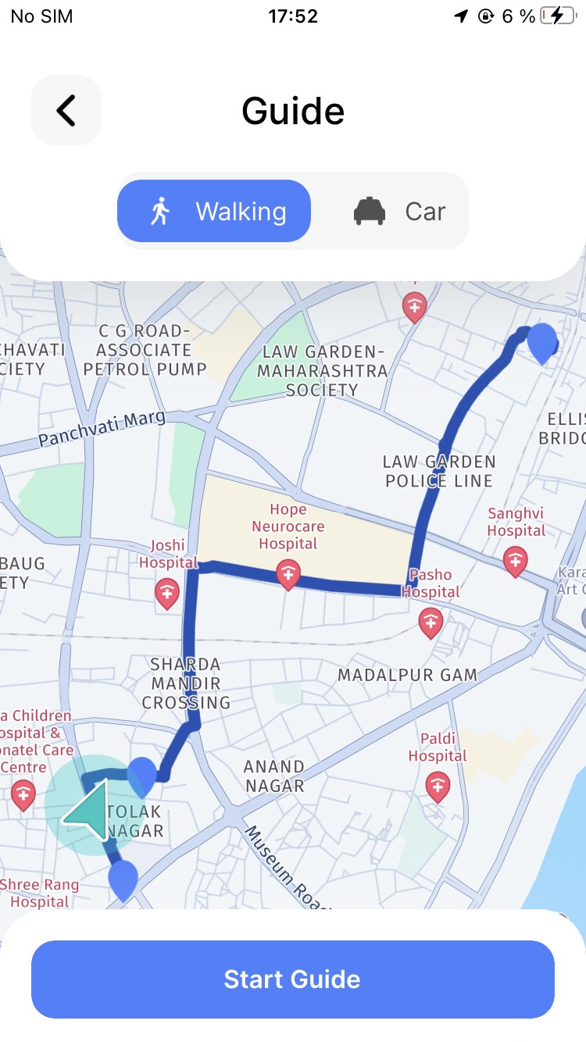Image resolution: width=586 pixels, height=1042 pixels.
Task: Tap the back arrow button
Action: pyautogui.click(x=66, y=110)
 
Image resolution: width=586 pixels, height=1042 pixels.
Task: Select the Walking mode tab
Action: pyautogui.click(x=214, y=211)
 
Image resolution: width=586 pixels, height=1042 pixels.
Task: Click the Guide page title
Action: pyautogui.click(x=293, y=111)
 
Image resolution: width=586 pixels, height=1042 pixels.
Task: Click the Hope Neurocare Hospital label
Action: pyautogui.click(x=288, y=526)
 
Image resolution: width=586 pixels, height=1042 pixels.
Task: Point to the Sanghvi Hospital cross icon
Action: pyautogui.click(x=515, y=560)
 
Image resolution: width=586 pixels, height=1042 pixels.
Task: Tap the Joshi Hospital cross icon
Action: pyautogui.click(x=167, y=593)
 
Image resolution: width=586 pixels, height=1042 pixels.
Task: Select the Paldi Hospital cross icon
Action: pyautogui.click(x=438, y=785)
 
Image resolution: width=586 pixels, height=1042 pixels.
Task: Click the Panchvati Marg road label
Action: pyautogui.click(x=102, y=429)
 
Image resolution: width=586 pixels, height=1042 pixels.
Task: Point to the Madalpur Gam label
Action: pyautogui.click(x=407, y=675)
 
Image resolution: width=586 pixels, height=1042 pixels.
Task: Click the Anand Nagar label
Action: pyautogui.click(x=273, y=776)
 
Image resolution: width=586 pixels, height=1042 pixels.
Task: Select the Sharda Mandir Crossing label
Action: pyautogui.click(x=186, y=683)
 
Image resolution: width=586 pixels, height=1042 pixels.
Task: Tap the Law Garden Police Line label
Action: pyautogui.click(x=439, y=471)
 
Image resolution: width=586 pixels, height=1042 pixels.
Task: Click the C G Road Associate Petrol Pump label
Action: pyautogui.click(x=145, y=349)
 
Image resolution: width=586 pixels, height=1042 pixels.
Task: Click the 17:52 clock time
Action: pyautogui.click(x=293, y=16)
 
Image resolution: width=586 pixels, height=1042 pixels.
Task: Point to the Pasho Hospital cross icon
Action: pyautogui.click(x=431, y=623)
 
